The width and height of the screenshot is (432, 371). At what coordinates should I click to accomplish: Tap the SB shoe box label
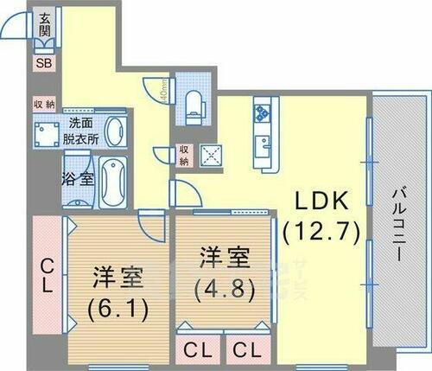point(43,61)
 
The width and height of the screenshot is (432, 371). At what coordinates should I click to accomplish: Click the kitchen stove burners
point(262,112)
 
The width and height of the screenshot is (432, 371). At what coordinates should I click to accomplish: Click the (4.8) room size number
point(226,288)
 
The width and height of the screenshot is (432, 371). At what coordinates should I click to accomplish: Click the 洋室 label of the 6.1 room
point(118,278)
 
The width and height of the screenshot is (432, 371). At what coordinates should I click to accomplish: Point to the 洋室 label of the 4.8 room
point(226,257)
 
